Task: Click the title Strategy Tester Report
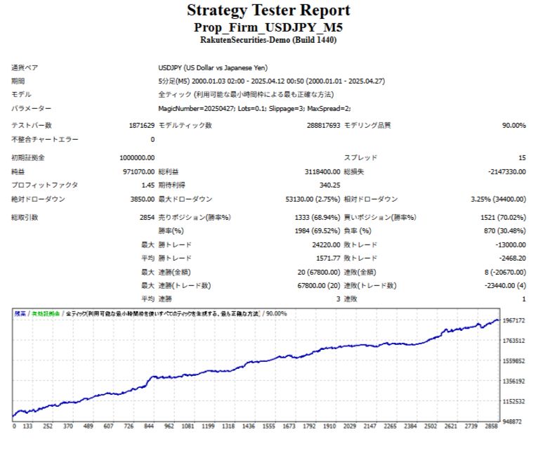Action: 268,11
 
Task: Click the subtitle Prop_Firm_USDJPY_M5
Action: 268,27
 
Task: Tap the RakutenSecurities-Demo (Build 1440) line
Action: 268,40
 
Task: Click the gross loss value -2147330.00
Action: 504,171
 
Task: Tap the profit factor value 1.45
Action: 148,185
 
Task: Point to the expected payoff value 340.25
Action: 329,185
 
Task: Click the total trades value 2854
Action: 147,218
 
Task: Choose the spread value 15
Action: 521,158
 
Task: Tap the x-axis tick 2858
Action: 492,426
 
